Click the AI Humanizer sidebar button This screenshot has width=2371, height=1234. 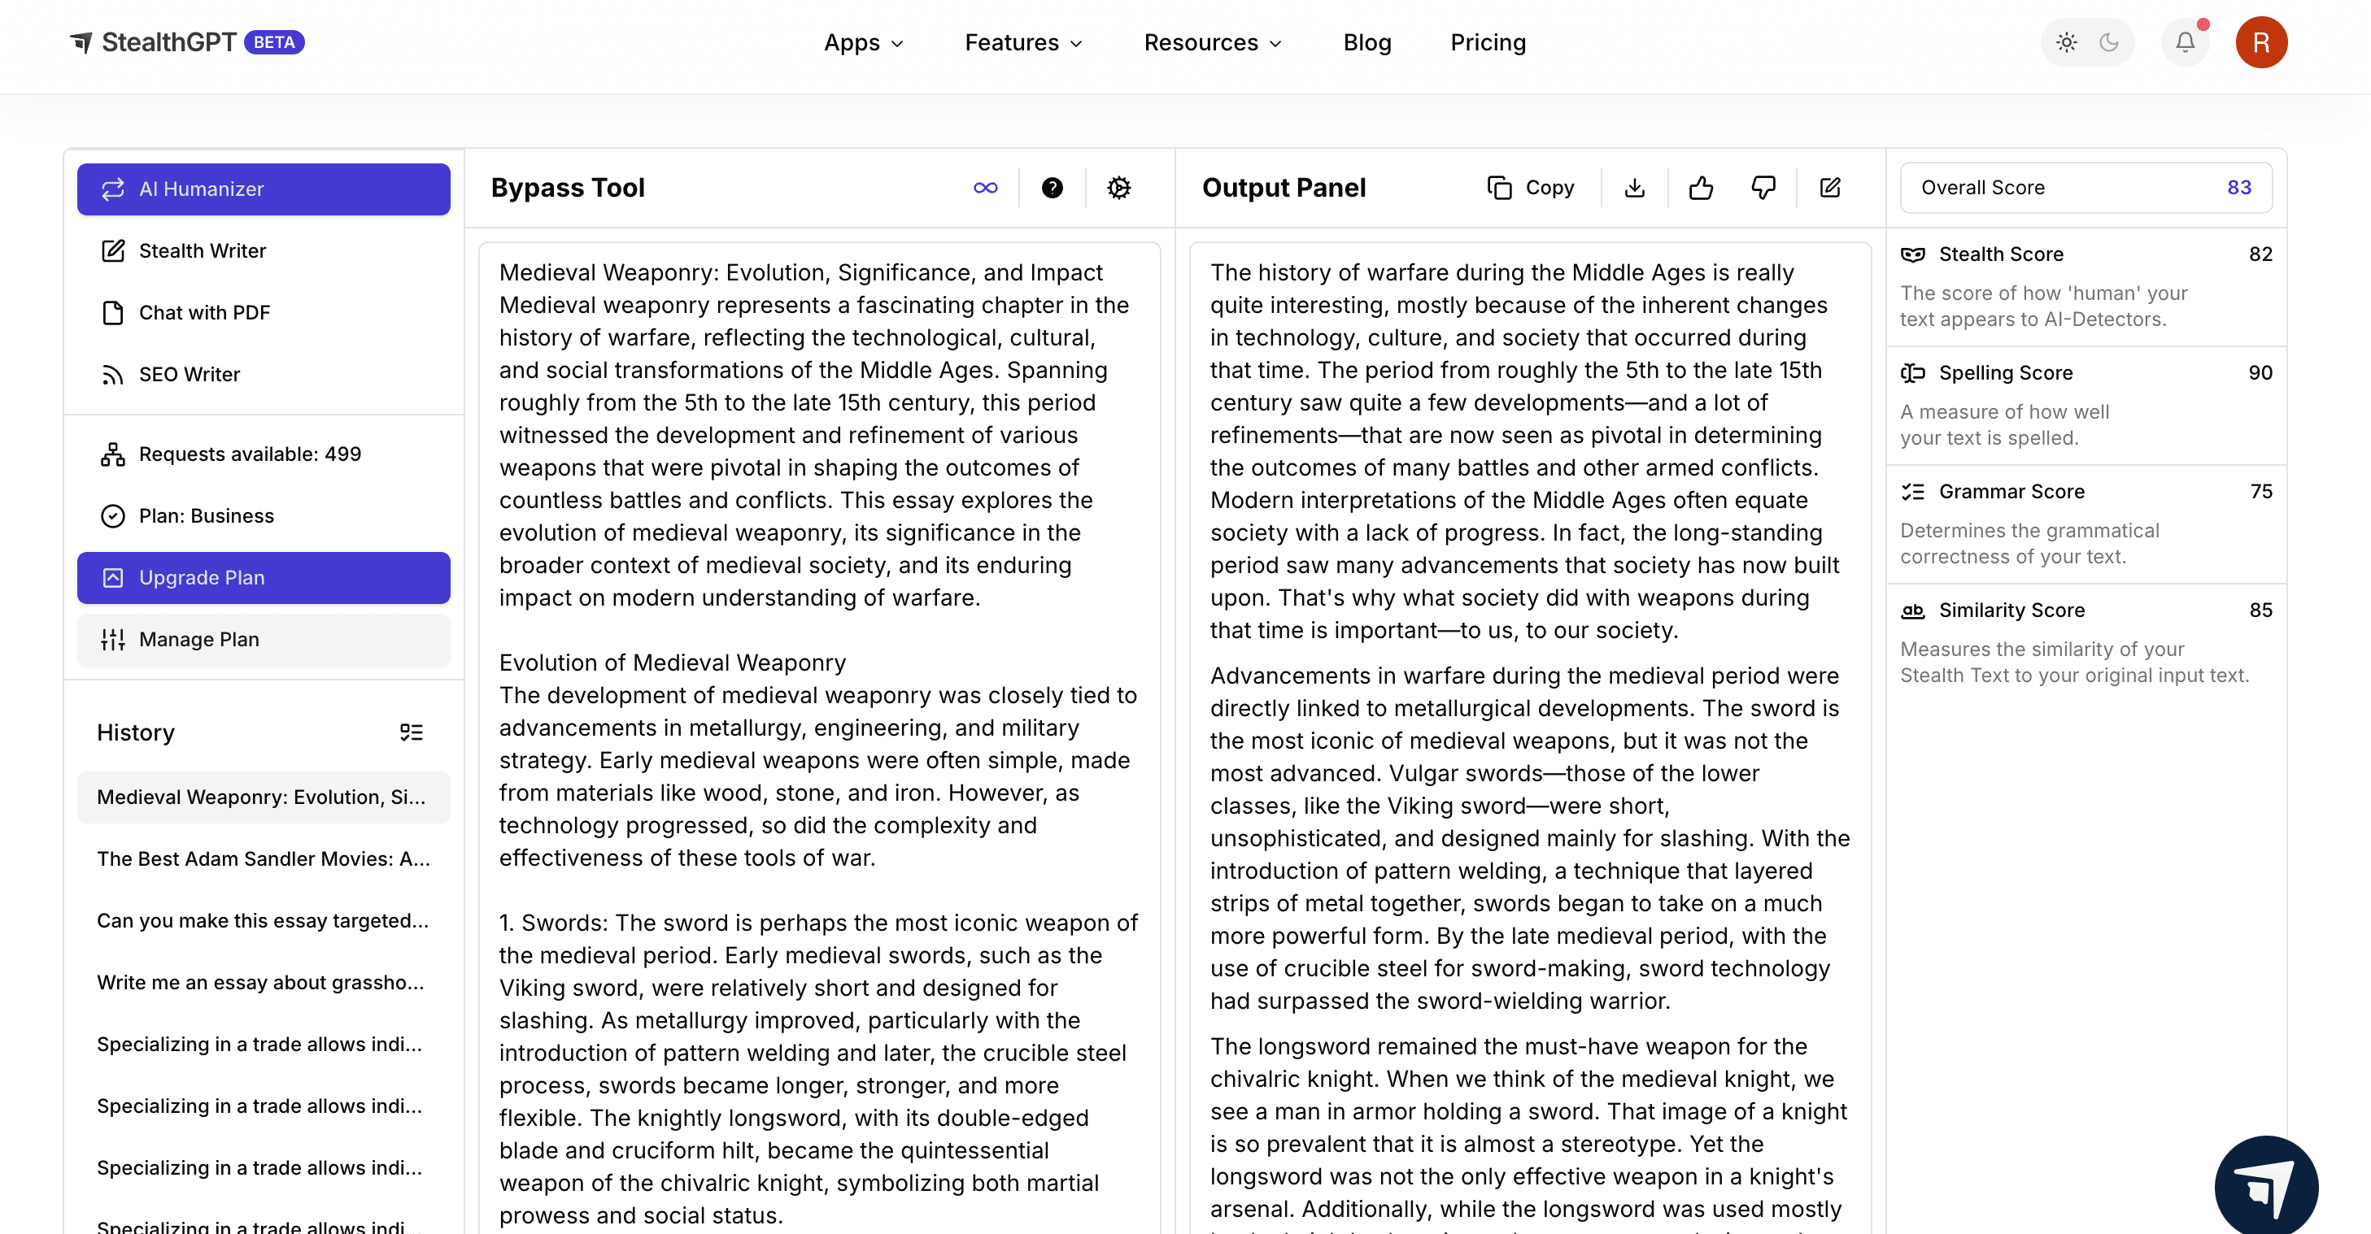coord(264,189)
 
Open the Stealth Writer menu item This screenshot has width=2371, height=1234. coord(203,250)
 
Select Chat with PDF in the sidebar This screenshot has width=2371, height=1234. coord(204,312)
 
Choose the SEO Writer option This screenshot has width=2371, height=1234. coord(189,374)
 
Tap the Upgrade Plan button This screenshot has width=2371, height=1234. coord(264,577)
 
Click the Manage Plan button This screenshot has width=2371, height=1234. coord(264,639)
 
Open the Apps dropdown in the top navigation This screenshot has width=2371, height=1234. coord(863,42)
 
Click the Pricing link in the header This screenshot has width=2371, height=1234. coord(1488,42)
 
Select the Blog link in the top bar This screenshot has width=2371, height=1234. coord(1366,42)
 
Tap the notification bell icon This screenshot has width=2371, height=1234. coord(2184,42)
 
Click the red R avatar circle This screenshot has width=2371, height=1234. coord(2260,42)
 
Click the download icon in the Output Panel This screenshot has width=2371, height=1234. coord(1635,188)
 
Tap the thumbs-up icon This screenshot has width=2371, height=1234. coord(1701,188)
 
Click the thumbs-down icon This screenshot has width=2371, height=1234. coord(1763,188)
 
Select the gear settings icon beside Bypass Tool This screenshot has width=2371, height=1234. coord(1118,188)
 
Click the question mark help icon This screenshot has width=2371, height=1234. coord(1052,188)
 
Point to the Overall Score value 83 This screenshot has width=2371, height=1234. coord(2238,188)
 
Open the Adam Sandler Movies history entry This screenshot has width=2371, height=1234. coord(264,858)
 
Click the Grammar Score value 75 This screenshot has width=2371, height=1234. coord(2260,491)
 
